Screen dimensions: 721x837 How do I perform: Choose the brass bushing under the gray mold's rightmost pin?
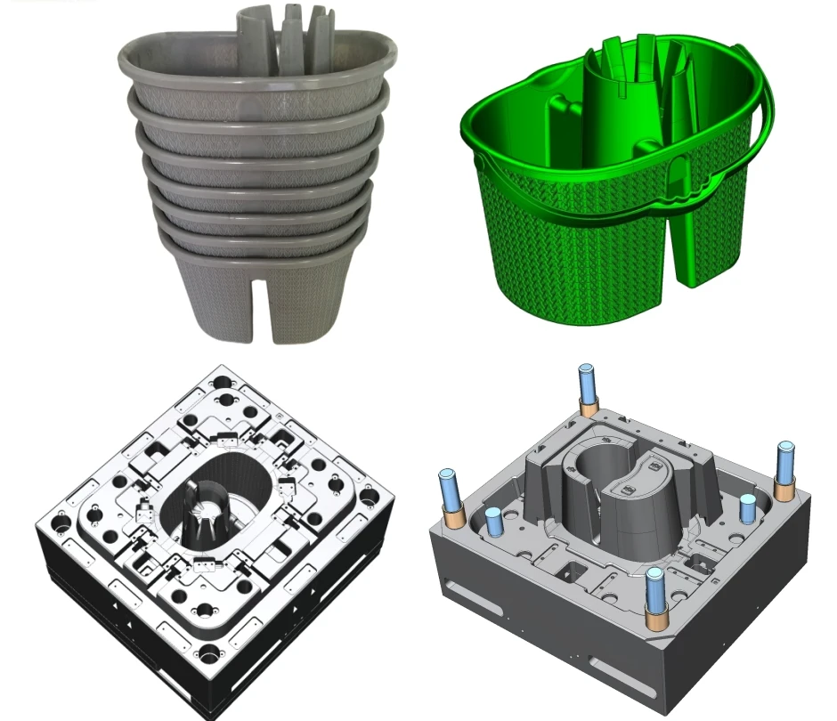[784, 488]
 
